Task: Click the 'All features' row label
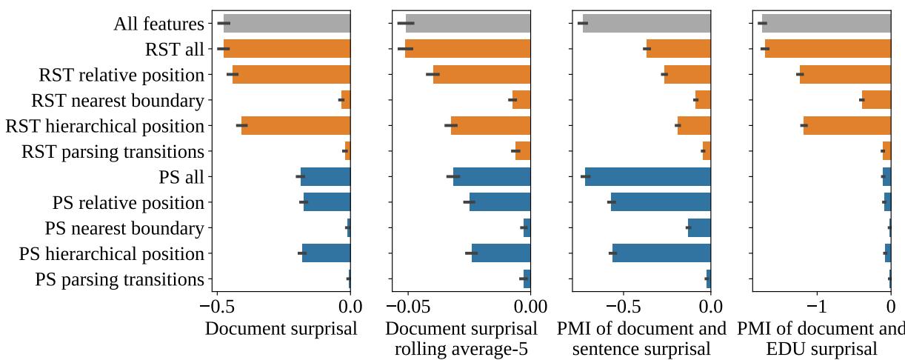(158, 24)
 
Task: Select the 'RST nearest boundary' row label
(117, 100)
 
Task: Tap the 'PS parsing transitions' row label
(119, 280)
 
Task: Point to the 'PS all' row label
(181, 177)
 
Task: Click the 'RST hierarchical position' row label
(104, 126)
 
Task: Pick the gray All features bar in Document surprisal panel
(287, 24)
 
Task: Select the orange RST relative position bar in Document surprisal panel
(291, 75)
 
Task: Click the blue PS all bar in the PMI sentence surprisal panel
(648, 177)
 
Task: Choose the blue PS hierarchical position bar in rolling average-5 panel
(501, 254)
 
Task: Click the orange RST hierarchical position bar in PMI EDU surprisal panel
(847, 126)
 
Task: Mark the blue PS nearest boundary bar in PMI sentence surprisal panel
(699, 228)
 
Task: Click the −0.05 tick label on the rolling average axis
(408, 305)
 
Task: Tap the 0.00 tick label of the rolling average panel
(530, 305)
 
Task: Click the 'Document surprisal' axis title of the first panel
(281, 328)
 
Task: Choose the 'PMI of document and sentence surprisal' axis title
(641, 339)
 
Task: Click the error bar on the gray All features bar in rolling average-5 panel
(406, 24)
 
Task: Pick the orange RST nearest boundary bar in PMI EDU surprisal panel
(876, 100)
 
